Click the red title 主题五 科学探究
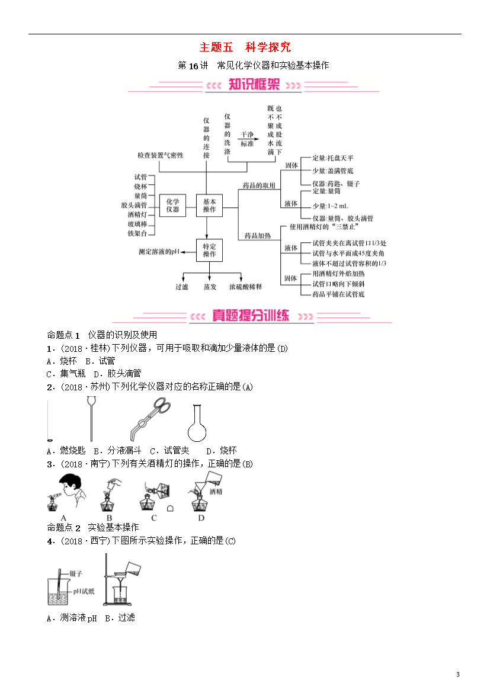click(x=245, y=47)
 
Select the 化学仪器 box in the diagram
click(x=172, y=206)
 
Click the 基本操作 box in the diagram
click(x=209, y=206)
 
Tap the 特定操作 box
click(x=209, y=251)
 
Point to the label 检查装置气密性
click(x=160, y=155)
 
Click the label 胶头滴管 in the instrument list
click(x=134, y=205)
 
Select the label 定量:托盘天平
click(x=333, y=158)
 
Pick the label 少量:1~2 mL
click(x=331, y=206)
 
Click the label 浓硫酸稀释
click(x=245, y=287)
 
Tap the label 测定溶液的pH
click(x=159, y=252)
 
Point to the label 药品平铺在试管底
click(x=338, y=294)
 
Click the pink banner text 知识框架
click(x=254, y=84)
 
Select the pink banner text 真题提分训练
click(x=251, y=315)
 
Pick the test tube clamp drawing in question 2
click(x=150, y=419)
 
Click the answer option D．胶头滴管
click(x=118, y=374)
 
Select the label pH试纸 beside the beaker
click(x=84, y=591)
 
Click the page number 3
click(x=458, y=675)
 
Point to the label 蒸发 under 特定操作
click(x=210, y=287)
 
